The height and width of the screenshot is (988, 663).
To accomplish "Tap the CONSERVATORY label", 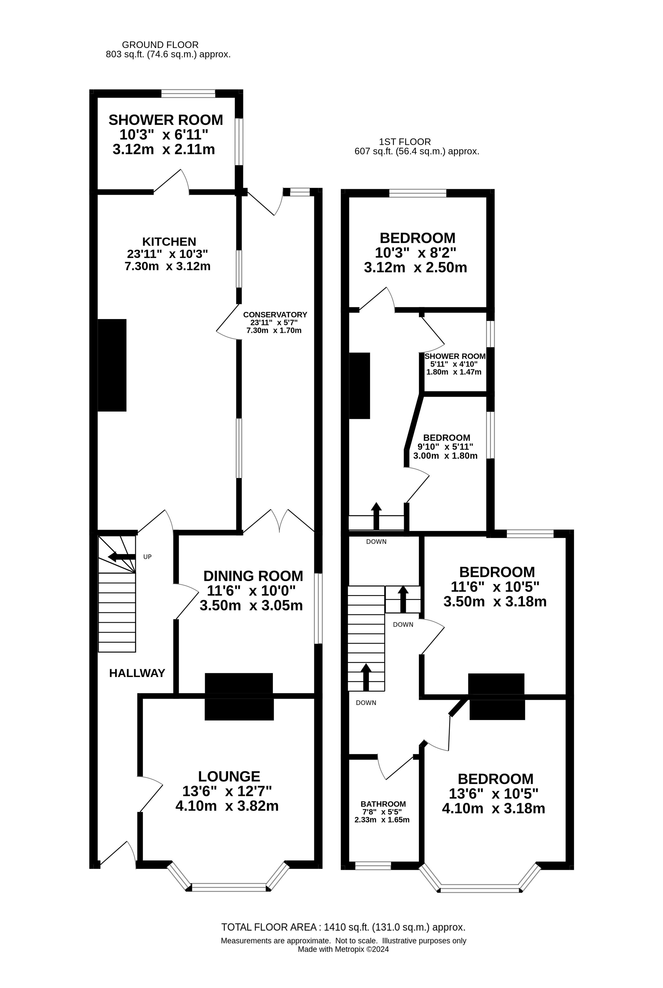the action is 275,315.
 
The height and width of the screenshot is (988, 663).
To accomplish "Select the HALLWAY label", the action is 137,673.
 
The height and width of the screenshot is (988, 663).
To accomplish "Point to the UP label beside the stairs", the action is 147,557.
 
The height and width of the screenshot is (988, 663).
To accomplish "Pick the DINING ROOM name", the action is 253,576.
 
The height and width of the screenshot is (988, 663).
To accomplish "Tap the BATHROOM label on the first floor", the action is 383,804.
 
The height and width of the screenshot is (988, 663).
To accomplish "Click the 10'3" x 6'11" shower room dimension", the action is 164,135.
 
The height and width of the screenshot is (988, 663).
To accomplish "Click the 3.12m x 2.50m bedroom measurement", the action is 415,267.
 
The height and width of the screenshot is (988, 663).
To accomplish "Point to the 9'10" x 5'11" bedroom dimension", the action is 445,447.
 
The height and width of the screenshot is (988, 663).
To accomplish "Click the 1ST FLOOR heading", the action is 405,142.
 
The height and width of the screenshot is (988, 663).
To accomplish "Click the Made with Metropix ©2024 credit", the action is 343,949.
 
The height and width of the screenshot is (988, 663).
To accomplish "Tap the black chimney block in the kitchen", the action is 112,365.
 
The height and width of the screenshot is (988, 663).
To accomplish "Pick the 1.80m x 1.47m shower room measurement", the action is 454,372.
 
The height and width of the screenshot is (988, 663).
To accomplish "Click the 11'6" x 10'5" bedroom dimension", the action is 495,587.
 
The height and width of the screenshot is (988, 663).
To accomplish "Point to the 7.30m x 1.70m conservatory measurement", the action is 274,330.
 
